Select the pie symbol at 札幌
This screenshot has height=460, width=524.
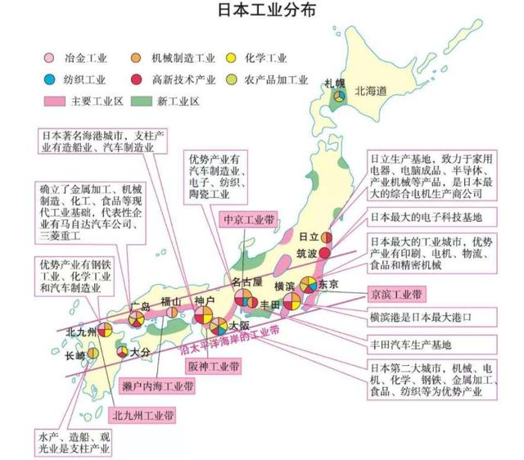pyautogui.click(x=336, y=98)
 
